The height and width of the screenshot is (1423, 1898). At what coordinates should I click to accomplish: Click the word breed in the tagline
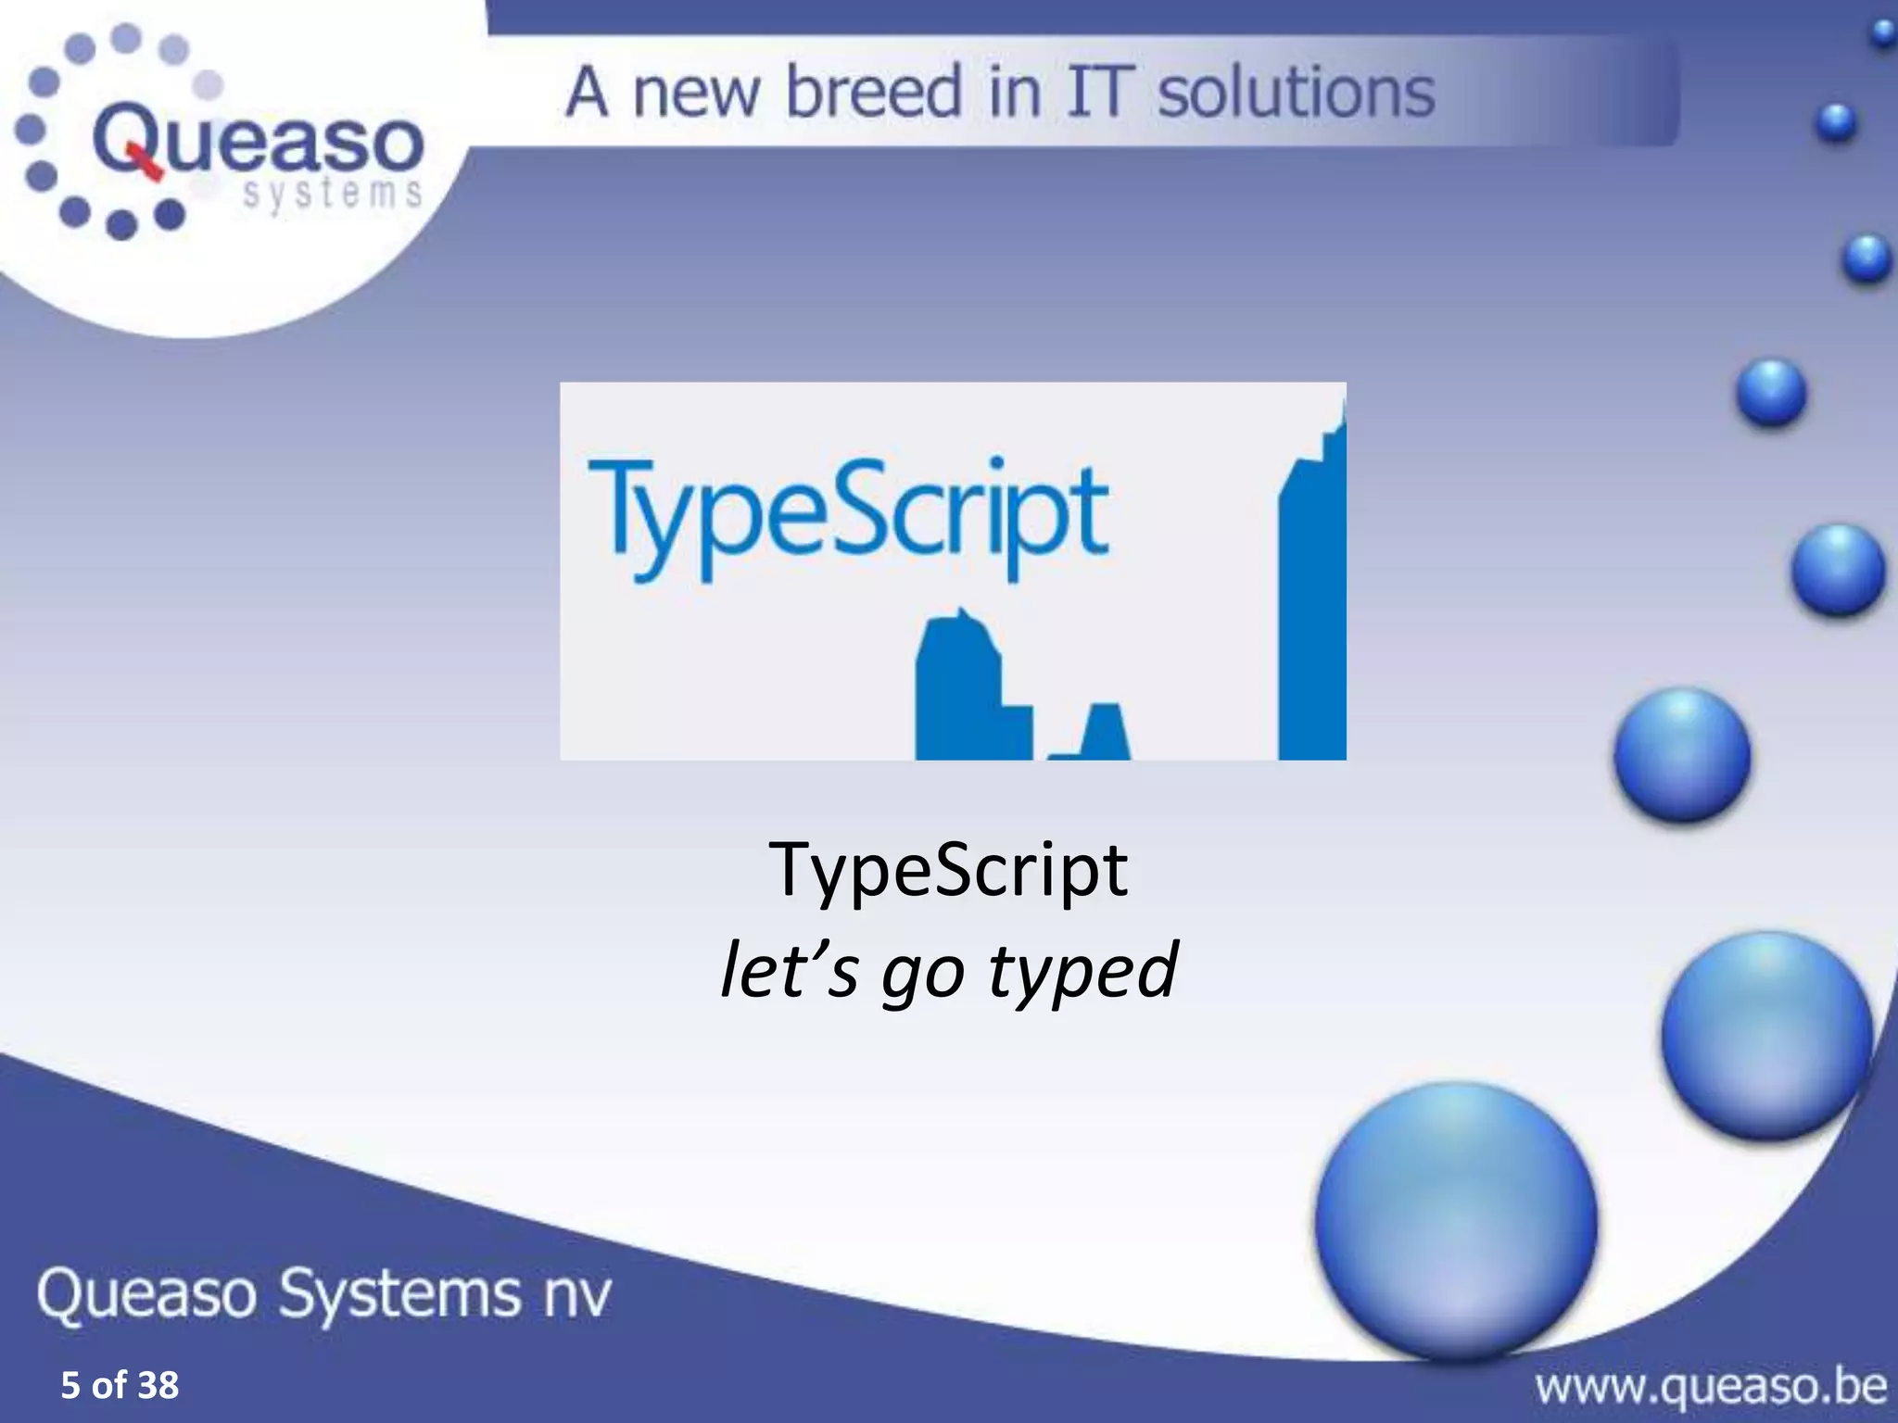point(874,93)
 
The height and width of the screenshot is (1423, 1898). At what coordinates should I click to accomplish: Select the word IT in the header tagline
point(1101,93)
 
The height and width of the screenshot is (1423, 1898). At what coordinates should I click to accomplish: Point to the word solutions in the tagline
point(1297,93)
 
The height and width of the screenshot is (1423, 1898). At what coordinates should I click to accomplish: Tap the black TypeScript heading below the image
point(948,871)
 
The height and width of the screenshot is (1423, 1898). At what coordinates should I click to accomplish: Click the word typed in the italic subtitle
point(1082,971)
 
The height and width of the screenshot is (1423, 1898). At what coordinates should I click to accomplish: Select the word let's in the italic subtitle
point(789,969)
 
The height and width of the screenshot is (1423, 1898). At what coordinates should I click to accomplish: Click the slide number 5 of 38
point(120,1384)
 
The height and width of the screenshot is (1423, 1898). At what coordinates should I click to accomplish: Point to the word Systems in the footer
point(399,1294)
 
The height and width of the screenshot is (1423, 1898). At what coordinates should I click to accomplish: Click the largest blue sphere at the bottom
point(1455,1221)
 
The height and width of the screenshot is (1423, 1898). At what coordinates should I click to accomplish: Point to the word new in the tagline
point(696,93)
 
